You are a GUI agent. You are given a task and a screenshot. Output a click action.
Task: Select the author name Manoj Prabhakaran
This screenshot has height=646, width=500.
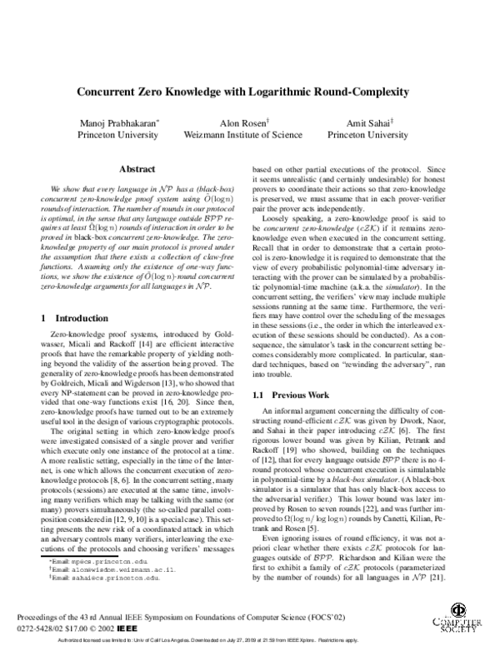pos(112,122)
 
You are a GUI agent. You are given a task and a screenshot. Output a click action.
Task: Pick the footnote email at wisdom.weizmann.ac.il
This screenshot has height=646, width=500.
pos(99,572)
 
